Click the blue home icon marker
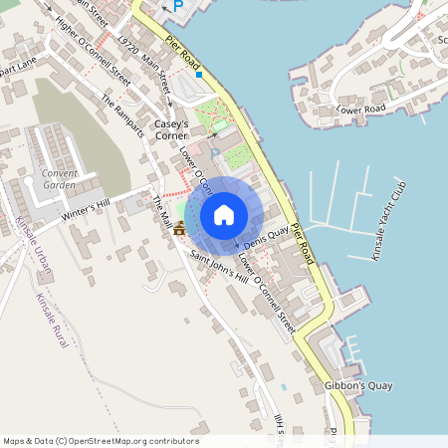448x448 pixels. pyautogui.click(x=224, y=215)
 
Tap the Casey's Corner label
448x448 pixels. pyautogui.click(x=179, y=129)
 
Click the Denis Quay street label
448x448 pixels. pyautogui.click(x=265, y=236)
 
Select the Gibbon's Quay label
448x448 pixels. pyautogui.click(x=358, y=385)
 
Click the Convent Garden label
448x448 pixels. pyautogui.click(x=60, y=178)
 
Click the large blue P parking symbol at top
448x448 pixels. pyautogui.click(x=178, y=6)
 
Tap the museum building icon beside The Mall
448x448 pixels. pyautogui.click(x=179, y=228)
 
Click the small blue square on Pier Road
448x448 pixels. pyautogui.click(x=199, y=74)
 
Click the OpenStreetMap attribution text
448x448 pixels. pyautogui.click(x=100, y=441)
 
